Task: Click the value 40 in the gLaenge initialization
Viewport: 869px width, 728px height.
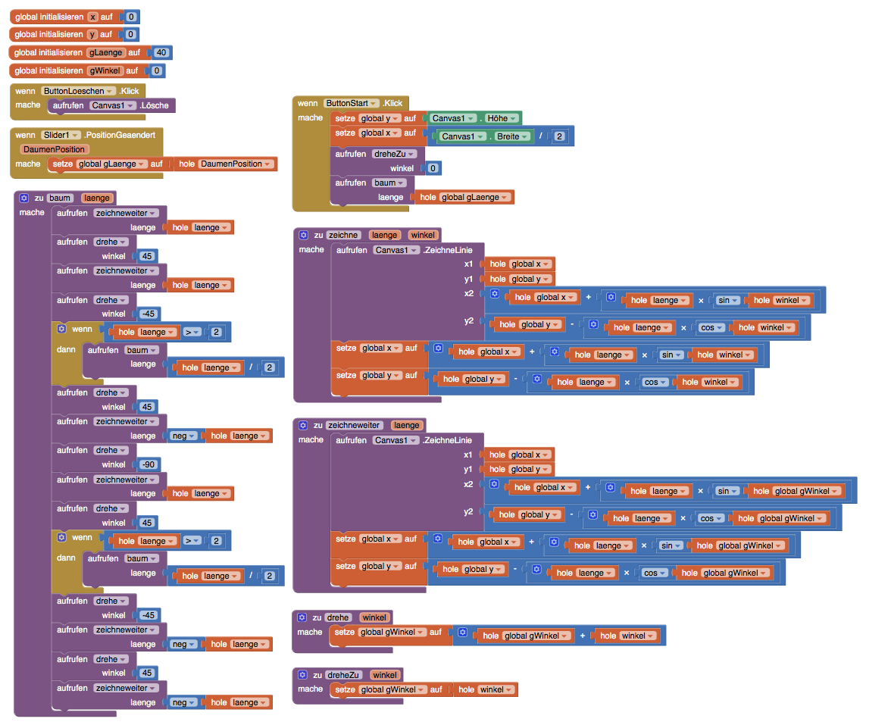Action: point(161,52)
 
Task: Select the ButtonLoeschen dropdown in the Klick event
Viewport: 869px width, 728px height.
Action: point(79,91)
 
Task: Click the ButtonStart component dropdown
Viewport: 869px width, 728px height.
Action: point(352,103)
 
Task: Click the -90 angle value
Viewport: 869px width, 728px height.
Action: point(148,465)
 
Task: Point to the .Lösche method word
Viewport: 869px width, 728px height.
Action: point(154,105)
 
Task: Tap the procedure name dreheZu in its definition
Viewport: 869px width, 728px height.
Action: point(344,675)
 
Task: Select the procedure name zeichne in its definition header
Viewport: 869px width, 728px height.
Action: point(344,235)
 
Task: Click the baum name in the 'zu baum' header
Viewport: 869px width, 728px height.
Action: point(60,198)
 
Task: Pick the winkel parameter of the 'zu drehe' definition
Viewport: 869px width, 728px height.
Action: point(374,617)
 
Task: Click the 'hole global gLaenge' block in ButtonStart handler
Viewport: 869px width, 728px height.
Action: point(464,197)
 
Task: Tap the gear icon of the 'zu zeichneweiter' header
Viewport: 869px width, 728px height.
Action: point(303,425)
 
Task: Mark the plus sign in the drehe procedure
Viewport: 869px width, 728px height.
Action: point(583,636)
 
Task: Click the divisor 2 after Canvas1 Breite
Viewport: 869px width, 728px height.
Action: point(559,136)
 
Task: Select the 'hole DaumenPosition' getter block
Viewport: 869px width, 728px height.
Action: point(225,164)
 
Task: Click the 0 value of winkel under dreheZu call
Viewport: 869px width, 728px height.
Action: point(433,168)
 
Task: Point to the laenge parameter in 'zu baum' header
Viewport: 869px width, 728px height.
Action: point(97,198)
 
